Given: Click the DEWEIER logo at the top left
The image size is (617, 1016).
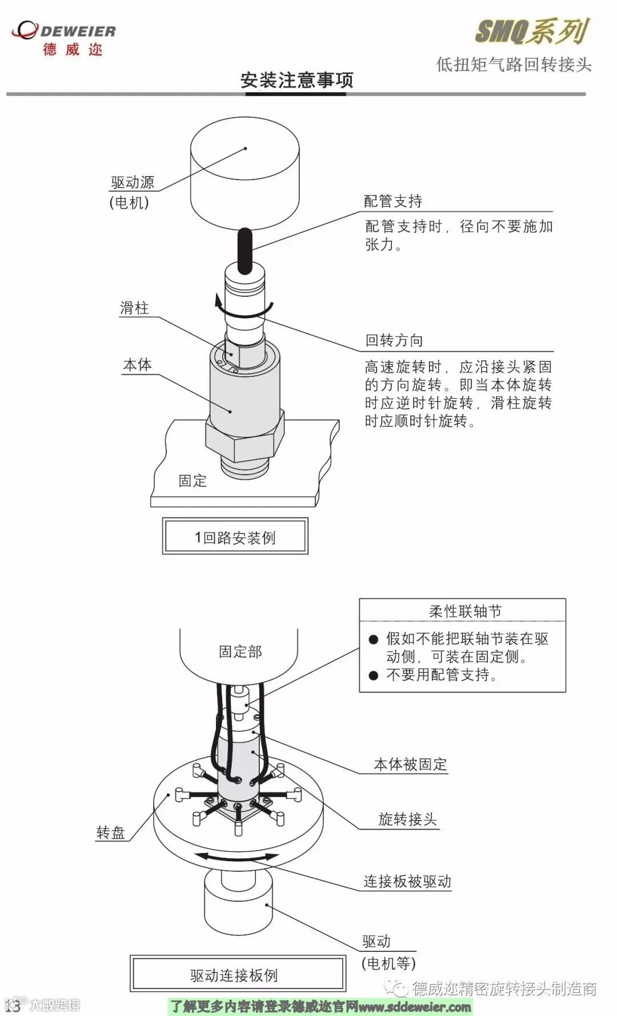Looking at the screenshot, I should coord(64,37).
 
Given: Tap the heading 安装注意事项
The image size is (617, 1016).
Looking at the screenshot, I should coord(297,80).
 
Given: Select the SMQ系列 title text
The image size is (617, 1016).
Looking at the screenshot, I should coord(531,31).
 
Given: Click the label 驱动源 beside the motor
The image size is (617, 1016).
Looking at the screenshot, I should coord(133,183).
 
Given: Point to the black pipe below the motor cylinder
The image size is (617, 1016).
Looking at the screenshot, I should coord(245,250).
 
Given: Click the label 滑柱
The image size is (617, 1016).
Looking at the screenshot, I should coord(134,309).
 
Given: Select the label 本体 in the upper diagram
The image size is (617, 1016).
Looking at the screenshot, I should coord(137,365).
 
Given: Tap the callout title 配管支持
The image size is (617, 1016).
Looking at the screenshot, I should coord(393,201).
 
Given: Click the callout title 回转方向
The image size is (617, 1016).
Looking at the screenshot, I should coord(394,341).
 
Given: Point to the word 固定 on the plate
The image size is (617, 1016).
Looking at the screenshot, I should coord(193,481).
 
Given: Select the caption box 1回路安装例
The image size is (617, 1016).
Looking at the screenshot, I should coord(235,537).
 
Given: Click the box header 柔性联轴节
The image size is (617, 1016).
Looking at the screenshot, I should coord(465,611).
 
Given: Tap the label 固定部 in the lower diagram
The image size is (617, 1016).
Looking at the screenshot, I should coord(240,652).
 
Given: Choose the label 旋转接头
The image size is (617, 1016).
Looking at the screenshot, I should coord(407,819).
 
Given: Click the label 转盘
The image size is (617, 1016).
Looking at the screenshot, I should coord(110,832).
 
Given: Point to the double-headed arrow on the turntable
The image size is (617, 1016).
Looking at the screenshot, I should coord(237,856).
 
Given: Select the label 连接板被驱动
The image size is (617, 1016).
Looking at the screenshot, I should coord(407,882).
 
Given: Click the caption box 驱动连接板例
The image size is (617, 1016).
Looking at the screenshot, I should coord(234,975).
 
